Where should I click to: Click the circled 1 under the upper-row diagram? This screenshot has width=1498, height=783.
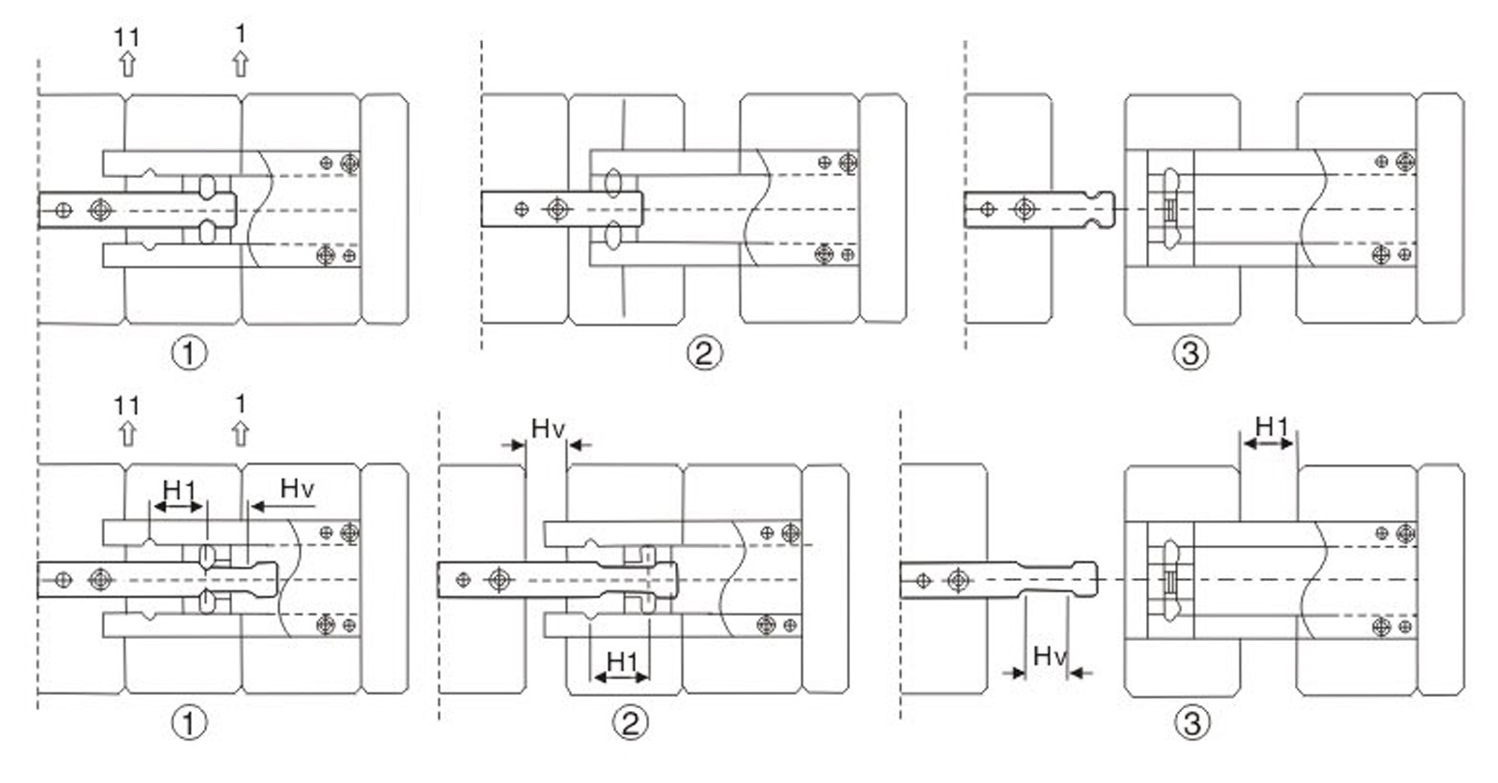pyautogui.click(x=189, y=353)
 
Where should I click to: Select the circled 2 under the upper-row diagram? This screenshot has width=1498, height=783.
pyautogui.click(x=704, y=353)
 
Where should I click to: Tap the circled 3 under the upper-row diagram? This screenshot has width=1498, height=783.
pyautogui.click(x=1190, y=353)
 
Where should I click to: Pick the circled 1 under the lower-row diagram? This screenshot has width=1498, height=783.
pyautogui.click(x=189, y=722)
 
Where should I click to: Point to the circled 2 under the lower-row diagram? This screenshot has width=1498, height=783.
pyautogui.click(x=630, y=722)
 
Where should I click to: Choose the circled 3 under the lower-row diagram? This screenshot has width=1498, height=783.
pyautogui.click(x=1191, y=722)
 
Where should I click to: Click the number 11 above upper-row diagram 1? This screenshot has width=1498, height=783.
pyautogui.click(x=127, y=37)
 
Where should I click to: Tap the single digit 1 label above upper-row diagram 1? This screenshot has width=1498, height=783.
pyautogui.click(x=241, y=35)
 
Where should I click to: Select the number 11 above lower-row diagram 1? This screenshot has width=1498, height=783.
pyautogui.click(x=127, y=406)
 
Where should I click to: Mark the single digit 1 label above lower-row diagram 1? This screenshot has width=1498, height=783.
pyautogui.click(x=241, y=404)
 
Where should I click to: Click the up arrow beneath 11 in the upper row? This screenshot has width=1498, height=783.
pyautogui.click(x=127, y=64)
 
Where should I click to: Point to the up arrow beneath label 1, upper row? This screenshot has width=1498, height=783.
pyautogui.click(x=241, y=64)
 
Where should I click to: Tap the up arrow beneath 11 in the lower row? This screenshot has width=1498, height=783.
pyautogui.click(x=127, y=434)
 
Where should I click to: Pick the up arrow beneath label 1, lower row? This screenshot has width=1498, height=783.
pyautogui.click(x=241, y=434)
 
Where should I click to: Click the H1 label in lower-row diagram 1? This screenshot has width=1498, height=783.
pyautogui.click(x=179, y=489)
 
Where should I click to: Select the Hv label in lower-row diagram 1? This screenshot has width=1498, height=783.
pyautogui.click(x=297, y=488)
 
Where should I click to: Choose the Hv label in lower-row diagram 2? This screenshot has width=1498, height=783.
pyautogui.click(x=548, y=429)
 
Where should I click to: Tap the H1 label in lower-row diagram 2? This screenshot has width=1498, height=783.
pyautogui.click(x=623, y=661)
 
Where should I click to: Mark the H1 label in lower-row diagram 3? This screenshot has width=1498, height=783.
pyautogui.click(x=1271, y=427)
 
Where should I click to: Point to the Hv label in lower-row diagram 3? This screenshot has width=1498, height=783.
pyautogui.click(x=1049, y=656)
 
